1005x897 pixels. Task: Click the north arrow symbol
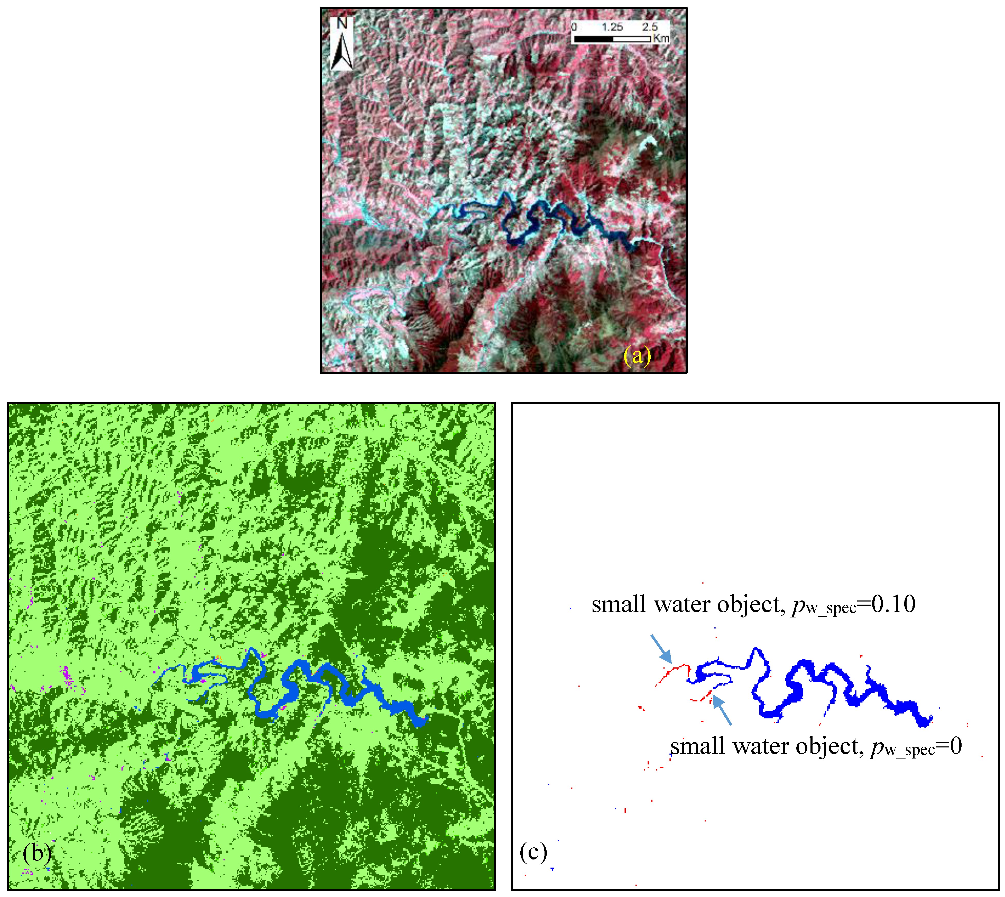pos(342,52)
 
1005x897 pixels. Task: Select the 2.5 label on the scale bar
pos(650,27)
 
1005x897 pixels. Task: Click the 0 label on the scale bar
pos(574,27)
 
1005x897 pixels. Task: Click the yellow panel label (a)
pos(637,356)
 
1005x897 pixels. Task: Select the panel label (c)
pos(533,852)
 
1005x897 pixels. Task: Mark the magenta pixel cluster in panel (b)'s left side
pos(68,677)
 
